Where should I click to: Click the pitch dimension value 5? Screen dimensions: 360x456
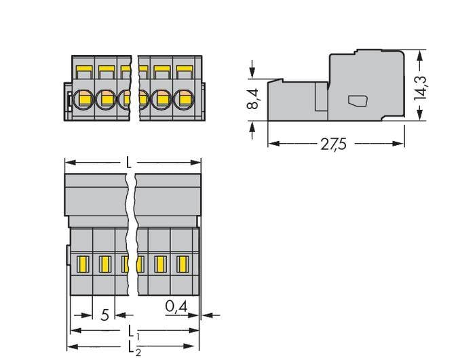104,315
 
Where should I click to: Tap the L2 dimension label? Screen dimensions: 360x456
134,348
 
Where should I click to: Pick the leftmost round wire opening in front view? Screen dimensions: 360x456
84,99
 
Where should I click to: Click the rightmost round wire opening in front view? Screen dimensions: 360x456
183,99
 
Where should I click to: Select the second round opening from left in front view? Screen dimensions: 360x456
106,99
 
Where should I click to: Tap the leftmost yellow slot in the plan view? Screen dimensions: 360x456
83,263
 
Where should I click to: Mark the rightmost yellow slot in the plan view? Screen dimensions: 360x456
182,263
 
